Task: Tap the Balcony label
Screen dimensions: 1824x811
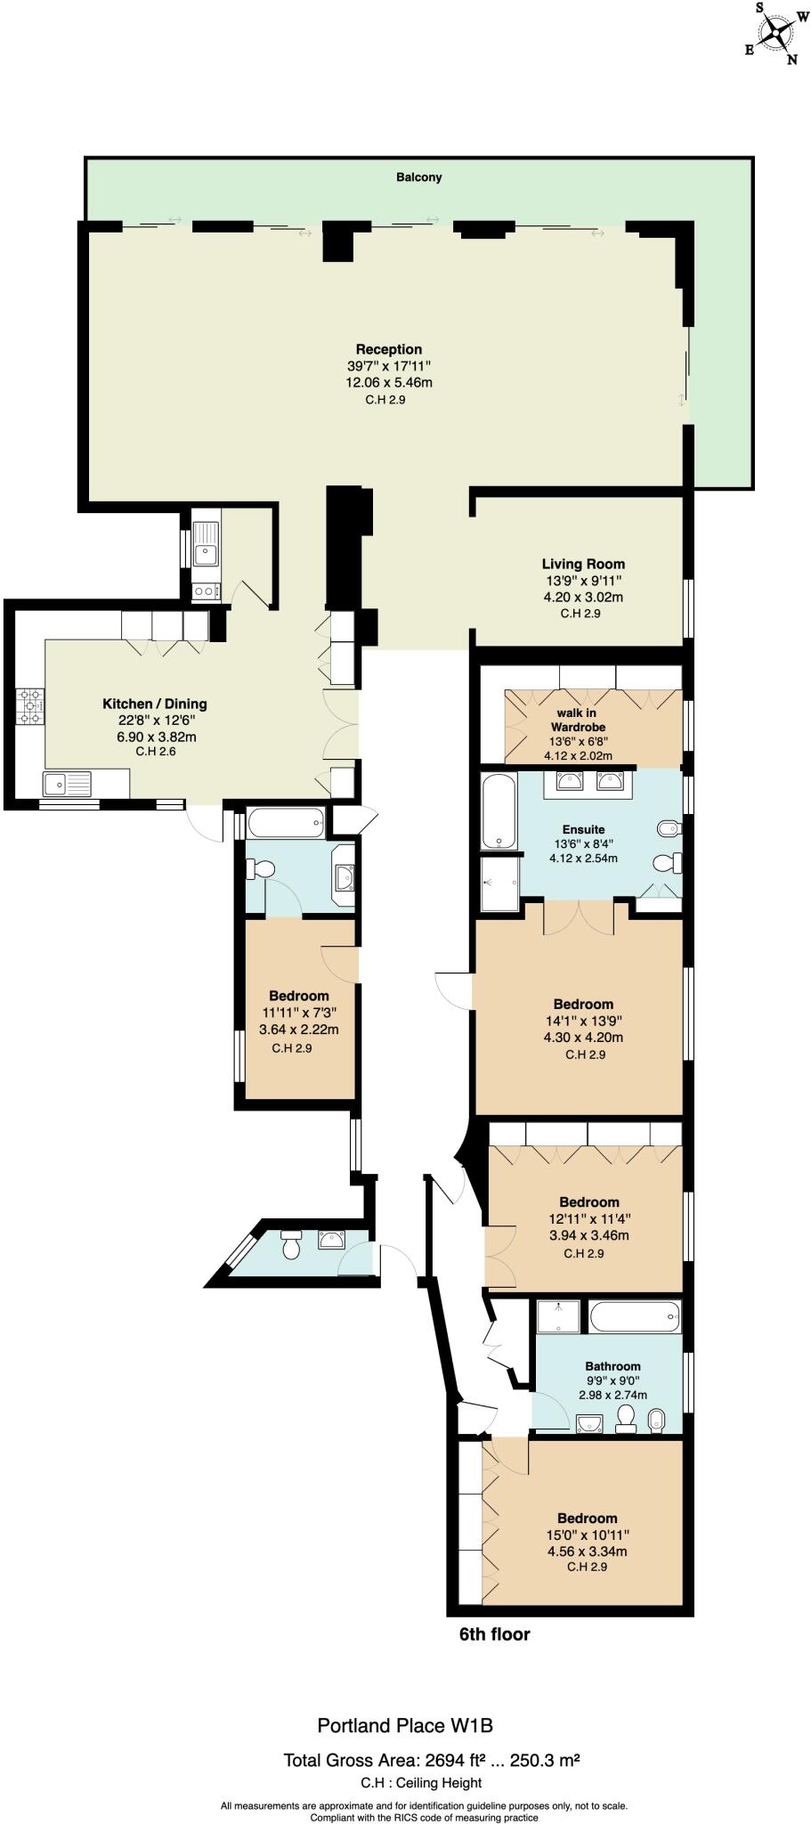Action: tap(418, 177)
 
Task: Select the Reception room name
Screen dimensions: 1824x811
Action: tap(389, 349)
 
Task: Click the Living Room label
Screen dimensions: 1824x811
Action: tap(583, 564)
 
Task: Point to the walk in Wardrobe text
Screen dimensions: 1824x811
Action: tap(576, 720)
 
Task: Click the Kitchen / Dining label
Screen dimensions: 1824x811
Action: tap(155, 704)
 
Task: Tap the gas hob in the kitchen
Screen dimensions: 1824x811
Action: tap(28, 706)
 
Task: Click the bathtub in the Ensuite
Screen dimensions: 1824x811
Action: tap(499, 811)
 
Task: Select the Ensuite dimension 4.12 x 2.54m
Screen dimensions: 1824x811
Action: tap(583, 859)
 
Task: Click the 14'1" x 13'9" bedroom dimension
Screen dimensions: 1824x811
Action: tap(583, 1021)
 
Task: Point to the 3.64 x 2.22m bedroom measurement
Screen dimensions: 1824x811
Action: tap(298, 1030)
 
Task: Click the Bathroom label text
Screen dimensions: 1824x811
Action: tap(612, 1366)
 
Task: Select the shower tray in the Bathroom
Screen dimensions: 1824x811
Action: tap(557, 1317)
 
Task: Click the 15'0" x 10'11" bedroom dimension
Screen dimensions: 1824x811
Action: tap(588, 1535)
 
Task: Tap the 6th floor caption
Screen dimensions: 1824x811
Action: tap(494, 1634)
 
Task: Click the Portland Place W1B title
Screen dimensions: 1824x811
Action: tap(405, 1726)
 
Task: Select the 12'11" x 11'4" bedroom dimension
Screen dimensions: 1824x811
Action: tap(589, 1219)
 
